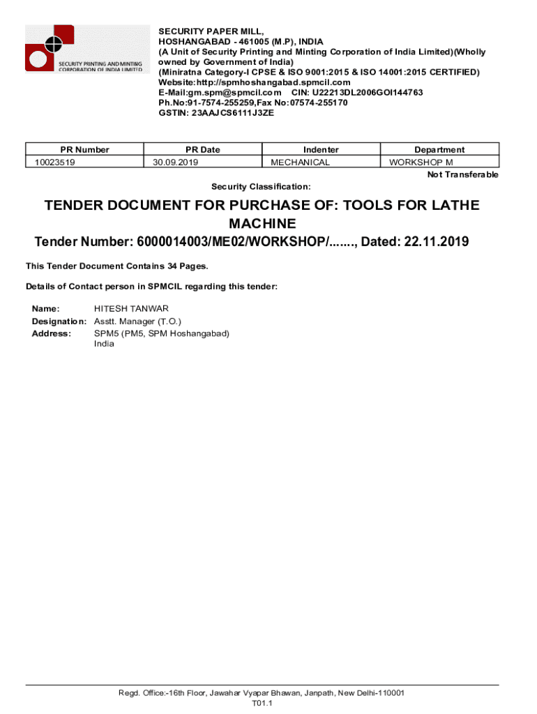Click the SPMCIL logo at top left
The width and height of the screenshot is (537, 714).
84,49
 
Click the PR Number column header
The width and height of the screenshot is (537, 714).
84,149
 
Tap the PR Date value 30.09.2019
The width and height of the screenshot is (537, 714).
176,162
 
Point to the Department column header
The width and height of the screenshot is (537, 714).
439,149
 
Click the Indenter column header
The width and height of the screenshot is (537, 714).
321,149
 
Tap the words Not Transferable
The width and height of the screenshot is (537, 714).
462,174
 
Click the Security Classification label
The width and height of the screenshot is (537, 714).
261,187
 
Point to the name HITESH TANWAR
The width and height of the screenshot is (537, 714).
131,308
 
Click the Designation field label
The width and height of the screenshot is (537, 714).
59,321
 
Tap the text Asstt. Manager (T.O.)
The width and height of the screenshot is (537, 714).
137,321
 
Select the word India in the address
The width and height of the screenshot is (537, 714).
104,344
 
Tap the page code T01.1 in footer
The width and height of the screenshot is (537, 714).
262,704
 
